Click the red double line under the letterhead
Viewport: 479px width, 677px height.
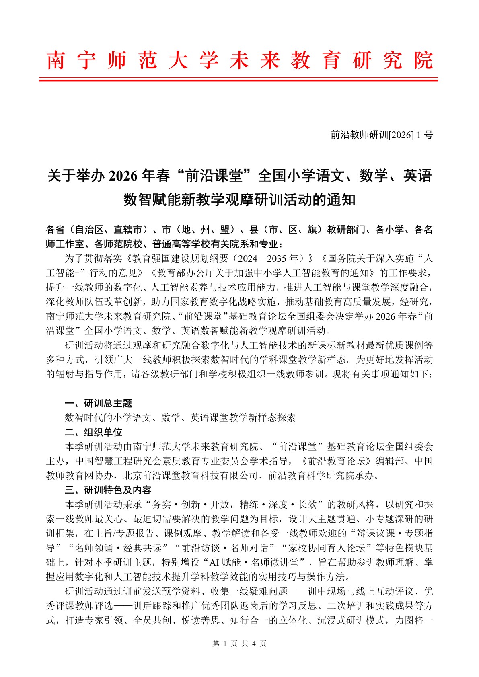(x=238, y=80)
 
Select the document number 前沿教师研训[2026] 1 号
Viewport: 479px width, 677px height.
(x=381, y=135)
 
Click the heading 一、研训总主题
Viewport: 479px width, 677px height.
(x=99, y=403)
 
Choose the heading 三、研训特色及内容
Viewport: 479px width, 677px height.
(x=108, y=490)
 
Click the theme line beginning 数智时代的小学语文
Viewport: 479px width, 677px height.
(x=180, y=418)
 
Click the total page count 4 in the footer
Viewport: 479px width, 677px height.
(x=254, y=644)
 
